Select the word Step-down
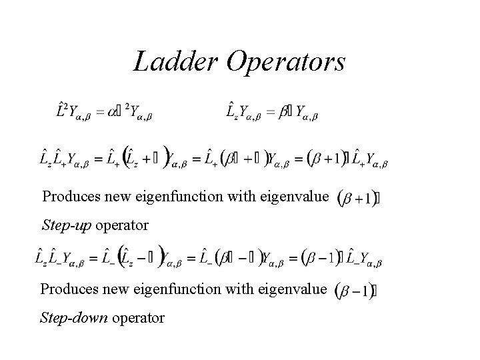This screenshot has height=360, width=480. [75, 318]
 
